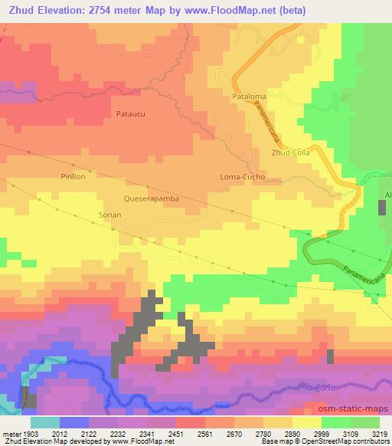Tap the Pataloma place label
click(x=249, y=97)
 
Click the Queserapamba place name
click(x=152, y=198)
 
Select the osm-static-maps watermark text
click(x=355, y=408)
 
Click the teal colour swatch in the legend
click(x=44, y=421)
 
